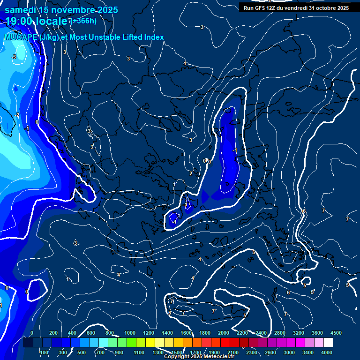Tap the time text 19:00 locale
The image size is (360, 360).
tap(37, 21)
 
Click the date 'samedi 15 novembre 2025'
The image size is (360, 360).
tap(61, 10)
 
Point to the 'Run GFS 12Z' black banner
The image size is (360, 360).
tap(296, 7)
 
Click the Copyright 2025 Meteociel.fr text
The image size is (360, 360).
tap(199, 357)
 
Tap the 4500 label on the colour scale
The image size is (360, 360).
tap(336, 332)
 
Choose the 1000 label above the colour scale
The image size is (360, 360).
tap(129, 332)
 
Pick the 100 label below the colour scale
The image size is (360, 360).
tap(45, 352)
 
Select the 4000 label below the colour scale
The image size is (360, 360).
tap(327, 352)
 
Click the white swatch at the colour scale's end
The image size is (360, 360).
tap(328, 343)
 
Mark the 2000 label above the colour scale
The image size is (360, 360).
tap(224, 332)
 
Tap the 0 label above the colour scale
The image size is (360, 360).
tap(32, 332)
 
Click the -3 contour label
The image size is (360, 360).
tap(14, 57)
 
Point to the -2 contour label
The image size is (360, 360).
tap(17, 115)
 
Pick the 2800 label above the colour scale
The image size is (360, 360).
tap(280, 332)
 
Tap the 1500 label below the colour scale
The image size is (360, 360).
tap(177, 352)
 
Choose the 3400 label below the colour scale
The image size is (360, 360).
tap(308, 352)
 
